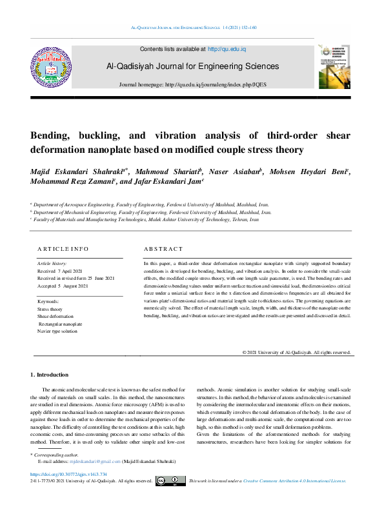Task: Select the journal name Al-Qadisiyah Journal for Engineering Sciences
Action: point(193,66)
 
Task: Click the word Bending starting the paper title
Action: point(54,136)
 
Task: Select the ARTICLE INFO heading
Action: point(63,249)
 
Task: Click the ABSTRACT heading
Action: point(163,249)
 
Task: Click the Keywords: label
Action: point(49,302)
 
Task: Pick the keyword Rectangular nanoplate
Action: point(61,324)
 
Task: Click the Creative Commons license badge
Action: point(170,481)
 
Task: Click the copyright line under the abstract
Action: point(296,353)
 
